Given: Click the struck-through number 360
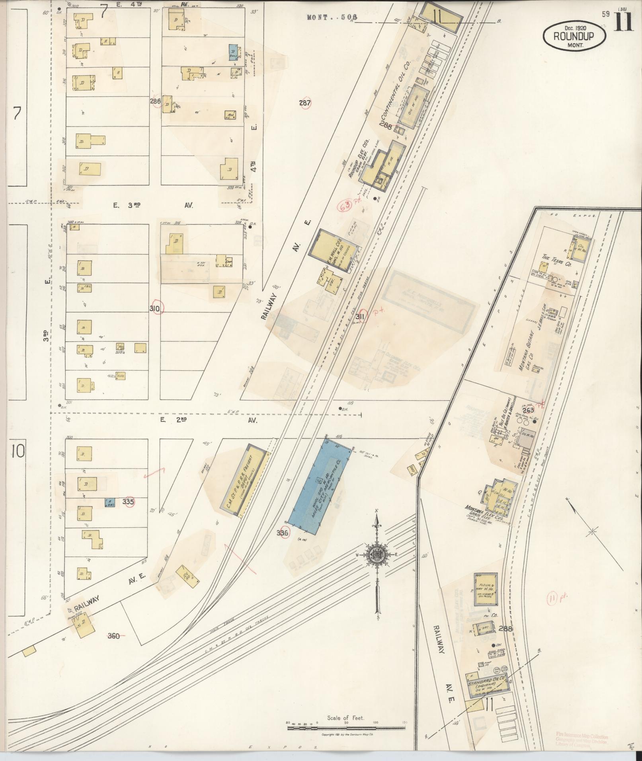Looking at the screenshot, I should click(x=114, y=636).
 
